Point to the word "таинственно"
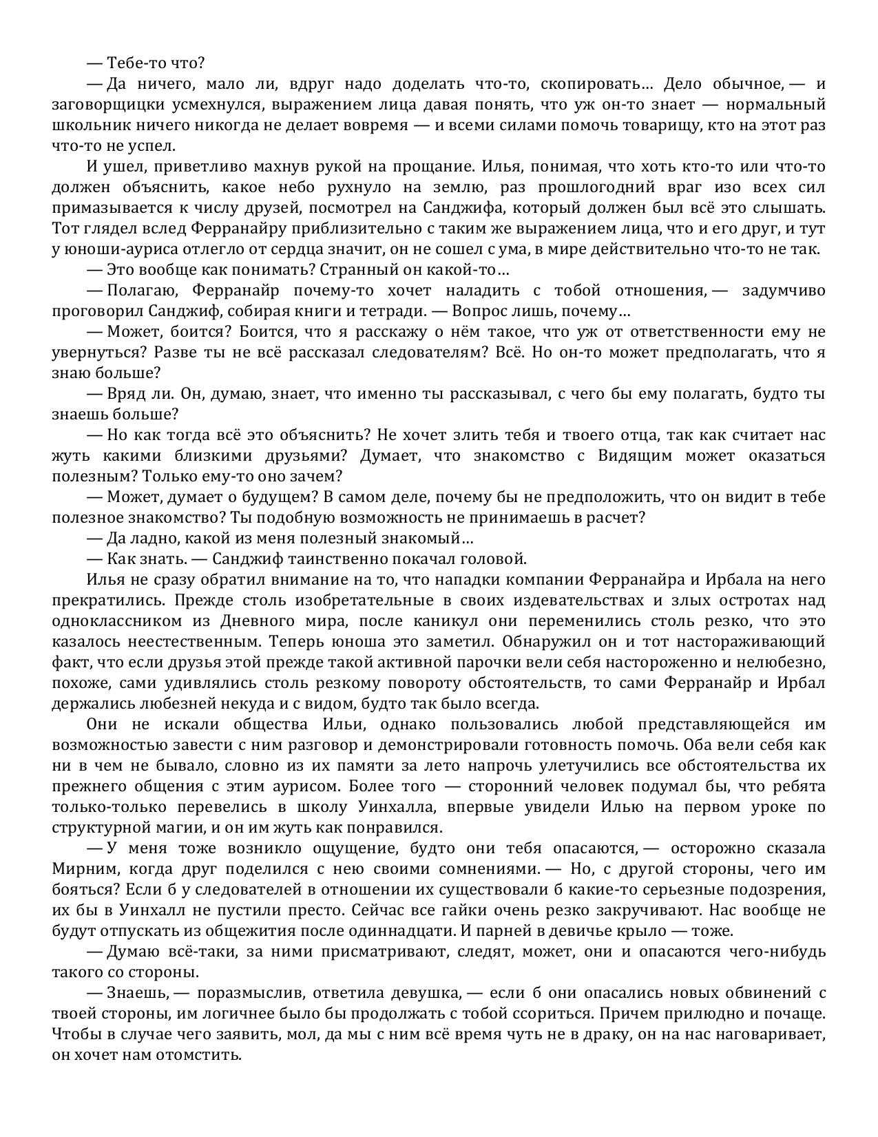tap(338, 559)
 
